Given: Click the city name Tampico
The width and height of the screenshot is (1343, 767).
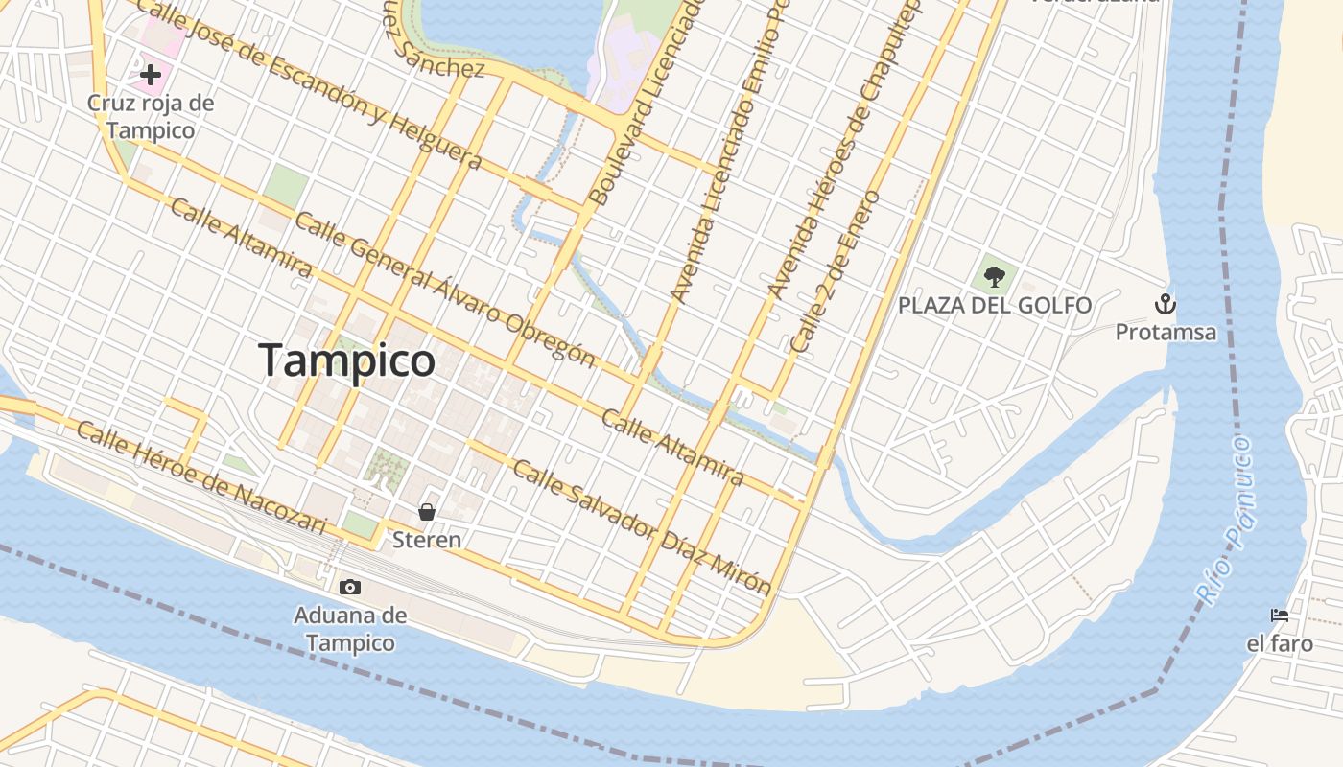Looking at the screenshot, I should tap(347, 360).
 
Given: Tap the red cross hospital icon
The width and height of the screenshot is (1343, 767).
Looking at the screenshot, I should tap(150, 74).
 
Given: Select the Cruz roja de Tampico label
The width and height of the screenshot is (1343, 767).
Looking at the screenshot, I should tap(151, 116).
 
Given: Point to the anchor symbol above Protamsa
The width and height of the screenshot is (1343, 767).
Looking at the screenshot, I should tap(1165, 305).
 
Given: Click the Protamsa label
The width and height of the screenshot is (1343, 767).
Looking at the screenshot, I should tap(1166, 333).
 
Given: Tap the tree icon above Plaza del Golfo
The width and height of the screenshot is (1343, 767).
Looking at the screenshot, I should tap(995, 277).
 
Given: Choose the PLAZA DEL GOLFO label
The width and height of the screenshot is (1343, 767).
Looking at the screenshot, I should tap(995, 306).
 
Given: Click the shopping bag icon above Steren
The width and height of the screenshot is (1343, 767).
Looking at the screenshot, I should tap(427, 512).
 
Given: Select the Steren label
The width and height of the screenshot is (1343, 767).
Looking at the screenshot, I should tap(427, 540).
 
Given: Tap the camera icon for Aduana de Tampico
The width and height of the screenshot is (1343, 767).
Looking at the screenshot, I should tap(350, 587).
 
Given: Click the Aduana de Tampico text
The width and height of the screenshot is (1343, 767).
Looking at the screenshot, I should tap(350, 629).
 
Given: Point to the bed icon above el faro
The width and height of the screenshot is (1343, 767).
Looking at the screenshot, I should tap(1279, 616).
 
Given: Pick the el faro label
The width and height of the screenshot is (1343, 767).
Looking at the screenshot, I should tap(1279, 643).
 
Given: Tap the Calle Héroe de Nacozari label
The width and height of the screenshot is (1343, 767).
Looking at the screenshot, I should tap(201, 477).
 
